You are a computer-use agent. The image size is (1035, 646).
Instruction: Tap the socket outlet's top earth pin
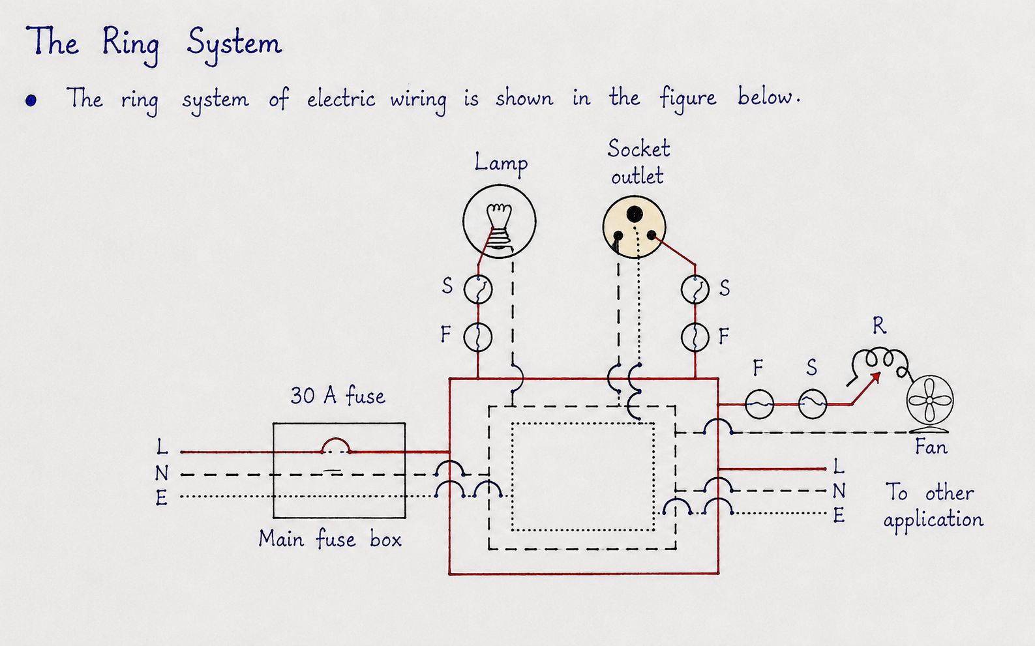coord(635,214)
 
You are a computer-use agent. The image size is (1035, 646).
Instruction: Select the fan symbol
coord(929,400)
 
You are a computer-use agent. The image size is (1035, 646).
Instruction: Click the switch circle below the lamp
coord(478,289)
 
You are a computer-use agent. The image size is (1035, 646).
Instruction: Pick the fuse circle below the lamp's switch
coord(478,337)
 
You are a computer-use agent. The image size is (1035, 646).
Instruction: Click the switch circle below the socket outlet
coord(695,289)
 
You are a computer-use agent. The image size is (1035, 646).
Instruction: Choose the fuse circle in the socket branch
coord(695,337)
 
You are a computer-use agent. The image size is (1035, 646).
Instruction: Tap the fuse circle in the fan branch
coord(759,404)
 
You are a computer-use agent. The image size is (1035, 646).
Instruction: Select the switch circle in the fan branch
coord(813,404)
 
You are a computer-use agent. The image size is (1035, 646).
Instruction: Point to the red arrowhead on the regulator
coord(875,377)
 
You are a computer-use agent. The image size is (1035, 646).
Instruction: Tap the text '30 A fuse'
coord(337,396)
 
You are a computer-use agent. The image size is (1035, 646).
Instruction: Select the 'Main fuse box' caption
coord(330,539)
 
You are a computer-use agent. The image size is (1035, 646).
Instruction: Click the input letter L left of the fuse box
coord(161,447)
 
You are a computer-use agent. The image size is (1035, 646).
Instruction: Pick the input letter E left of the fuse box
coord(161,498)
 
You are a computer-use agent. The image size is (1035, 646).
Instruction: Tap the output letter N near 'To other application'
coord(839,491)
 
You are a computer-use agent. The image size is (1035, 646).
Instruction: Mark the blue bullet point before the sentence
coord(31,100)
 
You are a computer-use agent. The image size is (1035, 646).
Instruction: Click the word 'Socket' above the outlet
coord(638,149)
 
